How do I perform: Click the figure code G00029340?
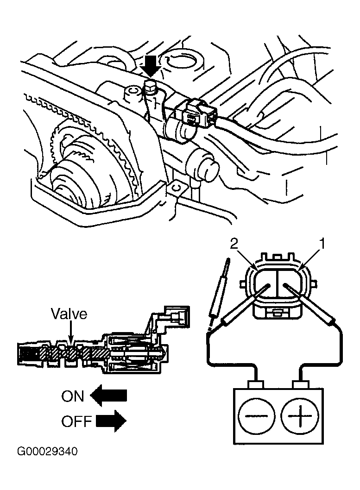point(47,452)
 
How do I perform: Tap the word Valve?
point(69,314)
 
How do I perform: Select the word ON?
point(73,396)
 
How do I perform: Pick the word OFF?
point(76,421)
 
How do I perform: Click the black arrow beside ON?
point(108,396)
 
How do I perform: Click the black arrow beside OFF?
point(111,421)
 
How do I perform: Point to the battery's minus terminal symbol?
point(257,416)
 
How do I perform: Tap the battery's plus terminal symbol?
point(300,416)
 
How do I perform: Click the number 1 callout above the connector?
point(322,244)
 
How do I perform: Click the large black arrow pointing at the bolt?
point(151,67)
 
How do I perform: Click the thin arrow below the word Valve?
point(70,333)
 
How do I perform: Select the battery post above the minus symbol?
point(256,384)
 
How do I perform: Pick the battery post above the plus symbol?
point(300,384)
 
